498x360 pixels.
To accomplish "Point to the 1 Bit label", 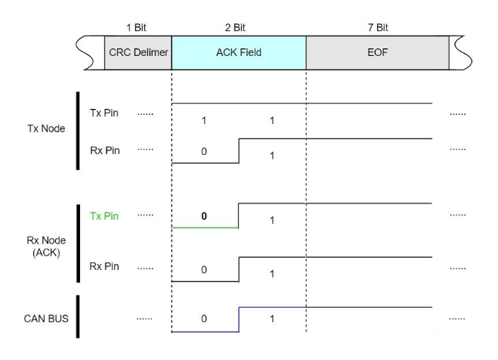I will [x=138, y=27].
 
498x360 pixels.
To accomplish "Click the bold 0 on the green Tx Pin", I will [x=204, y=216].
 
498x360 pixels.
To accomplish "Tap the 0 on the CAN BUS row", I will [x=204, y=318].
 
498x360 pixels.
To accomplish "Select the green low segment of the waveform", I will [x=206, y=227].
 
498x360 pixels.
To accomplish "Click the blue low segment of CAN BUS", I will [x=206, y=332].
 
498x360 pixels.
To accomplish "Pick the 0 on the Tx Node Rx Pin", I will [x=204, y=151].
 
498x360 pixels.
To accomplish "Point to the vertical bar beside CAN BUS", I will [x=79, y=318].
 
